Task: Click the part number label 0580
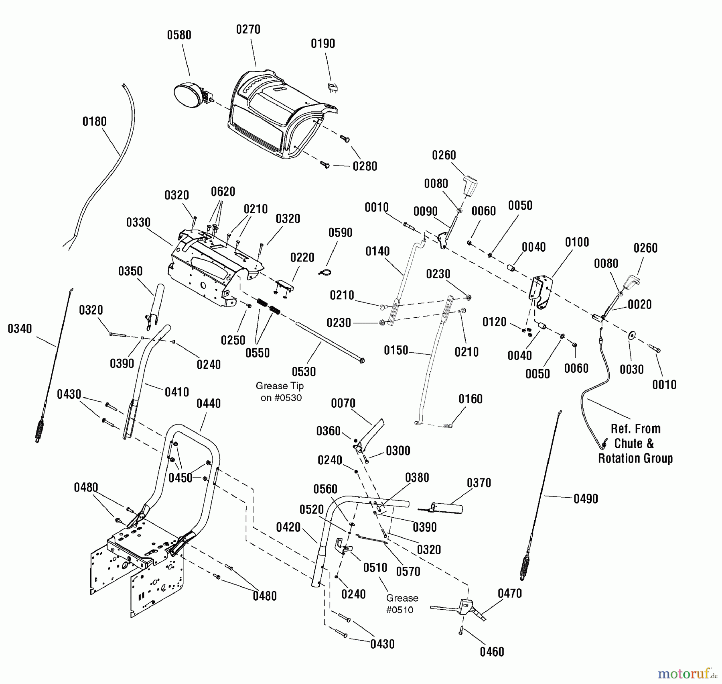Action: point(179,35)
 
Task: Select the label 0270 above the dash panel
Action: point(248,30)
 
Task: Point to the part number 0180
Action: point(94,122)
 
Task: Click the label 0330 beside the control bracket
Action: point(138,223)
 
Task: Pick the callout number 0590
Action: point(340,233)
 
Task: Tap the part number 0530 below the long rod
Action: point(304,372)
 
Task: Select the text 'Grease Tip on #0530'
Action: point(280,392)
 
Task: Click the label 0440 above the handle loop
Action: point(209,404)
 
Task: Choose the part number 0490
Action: point(586,499)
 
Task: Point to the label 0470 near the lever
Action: point(509,594)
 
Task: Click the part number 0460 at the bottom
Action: point(492,652)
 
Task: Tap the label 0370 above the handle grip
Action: point(479,483)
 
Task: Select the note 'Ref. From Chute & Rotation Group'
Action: point(635,443)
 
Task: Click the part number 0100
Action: point(577,242)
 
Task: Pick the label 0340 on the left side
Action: point(20,329)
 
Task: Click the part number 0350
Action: point(130,272)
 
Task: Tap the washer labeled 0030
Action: point(632,335)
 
